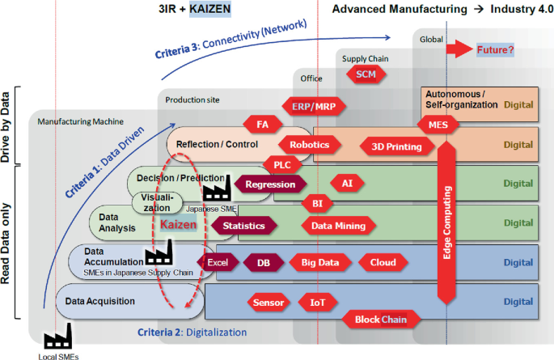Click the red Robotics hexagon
point(310,146)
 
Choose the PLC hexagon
point(282,164)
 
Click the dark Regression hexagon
point(270,184)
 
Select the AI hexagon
point(347,184)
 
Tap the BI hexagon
point(317,203)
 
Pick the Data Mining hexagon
point(339,227)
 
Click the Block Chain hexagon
point(381,320)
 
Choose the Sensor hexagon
point(269,303)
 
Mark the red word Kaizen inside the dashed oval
point(179,226)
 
